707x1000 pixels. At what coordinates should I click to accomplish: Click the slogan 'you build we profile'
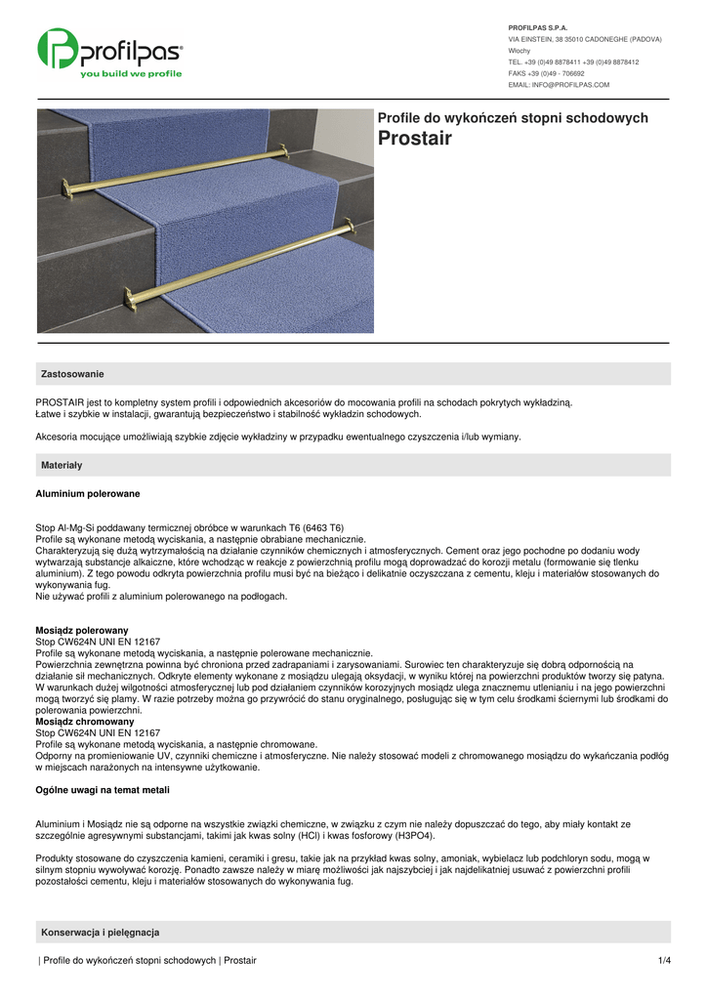(x=131, y=73)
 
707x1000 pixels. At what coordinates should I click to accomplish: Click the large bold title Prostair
(x=414, y=139)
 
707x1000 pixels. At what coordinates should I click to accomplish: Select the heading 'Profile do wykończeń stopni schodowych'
(x=513, y=118)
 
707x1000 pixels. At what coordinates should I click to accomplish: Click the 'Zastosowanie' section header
(x=72, y=374)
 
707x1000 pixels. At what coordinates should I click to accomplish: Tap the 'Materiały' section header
(x=62, y=465)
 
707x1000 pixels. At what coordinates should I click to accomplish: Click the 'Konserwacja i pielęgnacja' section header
(x=100, y=932)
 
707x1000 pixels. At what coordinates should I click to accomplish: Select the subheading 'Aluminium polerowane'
(x=88, y=494)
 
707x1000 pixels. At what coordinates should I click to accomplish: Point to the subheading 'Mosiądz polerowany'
(x=82, y=631)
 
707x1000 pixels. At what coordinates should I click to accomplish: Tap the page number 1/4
(x=665, y=961)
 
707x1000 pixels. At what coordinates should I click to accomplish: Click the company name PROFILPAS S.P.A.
(x=538, y=27)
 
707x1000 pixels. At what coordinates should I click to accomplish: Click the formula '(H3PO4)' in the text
(x=410, y=836)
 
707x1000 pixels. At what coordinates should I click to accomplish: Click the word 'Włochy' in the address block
(x=520, y=50)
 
